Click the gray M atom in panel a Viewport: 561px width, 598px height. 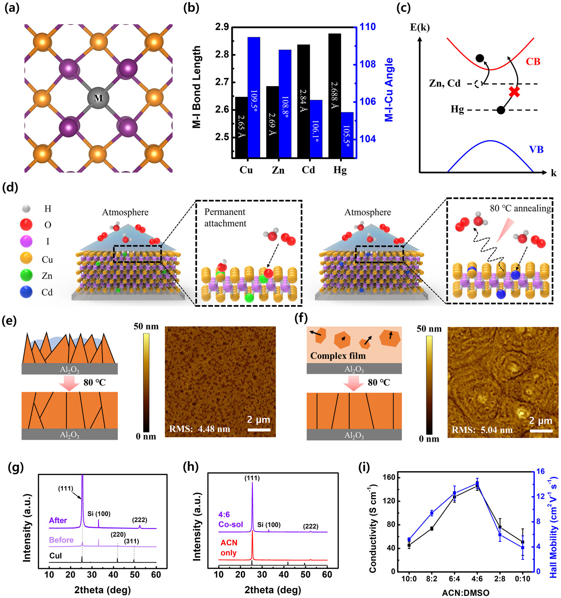pyautogui.click(x=98, y=98)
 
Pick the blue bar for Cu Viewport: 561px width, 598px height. pyautogui.click(x=254, y=97)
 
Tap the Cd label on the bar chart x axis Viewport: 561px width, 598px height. pyautogui.click(x=308, y=170)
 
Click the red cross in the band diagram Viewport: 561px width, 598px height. pyautogui.click(x=514, y=92)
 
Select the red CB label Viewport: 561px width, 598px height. pyautogui.click(x=533, y=62)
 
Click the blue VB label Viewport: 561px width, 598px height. pyautogui.click(x=536, y=150)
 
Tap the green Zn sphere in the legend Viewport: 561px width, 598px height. pyautogui.click(x=26, y=276)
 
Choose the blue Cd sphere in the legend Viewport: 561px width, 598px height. pyautogui.click(x=26, y=292)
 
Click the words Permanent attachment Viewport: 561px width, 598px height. pyautogui.click(x=225, y=217)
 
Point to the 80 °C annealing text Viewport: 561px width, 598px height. pyautogui.click(x=520, y=208)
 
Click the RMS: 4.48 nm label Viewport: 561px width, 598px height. pyautogui.click(x=200, y=429)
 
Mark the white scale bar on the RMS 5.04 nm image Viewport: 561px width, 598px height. pyautogui.click(x=541, y=431)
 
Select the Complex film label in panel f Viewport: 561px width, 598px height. pyautogui.click(x=338, y=356)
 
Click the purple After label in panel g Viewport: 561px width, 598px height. pyautogui.click(x=58, y=520)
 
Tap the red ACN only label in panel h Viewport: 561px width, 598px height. pyautogui.click(x=229, y=548)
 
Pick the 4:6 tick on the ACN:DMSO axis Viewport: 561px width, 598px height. pyautogui.click(x=477, y=579)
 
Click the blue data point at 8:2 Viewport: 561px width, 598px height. pyautogui.click(x=432, y=513)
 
